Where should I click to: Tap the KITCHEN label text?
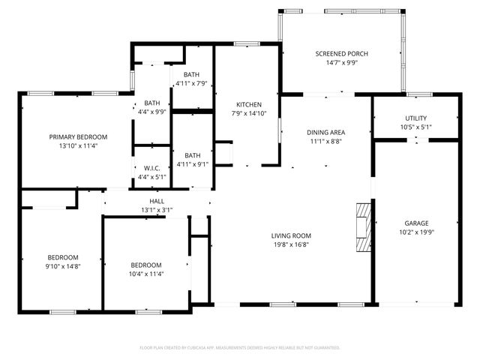248,104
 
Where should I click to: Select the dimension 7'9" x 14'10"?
248,112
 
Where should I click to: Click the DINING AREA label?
326,132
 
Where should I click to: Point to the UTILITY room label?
416,118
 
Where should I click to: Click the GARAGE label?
416,223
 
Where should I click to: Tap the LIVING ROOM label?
291,235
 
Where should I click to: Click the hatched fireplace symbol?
363,225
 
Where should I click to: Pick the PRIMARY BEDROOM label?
78,136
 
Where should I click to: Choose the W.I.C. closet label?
151,168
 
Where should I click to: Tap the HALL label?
157,201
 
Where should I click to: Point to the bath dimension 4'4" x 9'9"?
152,111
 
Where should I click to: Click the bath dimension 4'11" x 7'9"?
192,82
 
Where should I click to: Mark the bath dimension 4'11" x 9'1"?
192,164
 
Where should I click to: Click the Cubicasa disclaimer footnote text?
240,347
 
